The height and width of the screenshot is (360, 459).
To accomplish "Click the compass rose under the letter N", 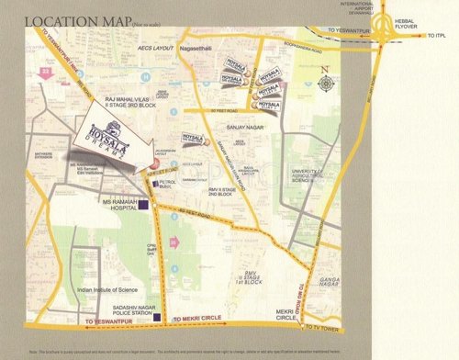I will [325, 84].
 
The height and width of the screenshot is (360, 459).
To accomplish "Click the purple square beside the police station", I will [158, 318].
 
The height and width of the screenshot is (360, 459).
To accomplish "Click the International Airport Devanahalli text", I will [362, 8].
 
